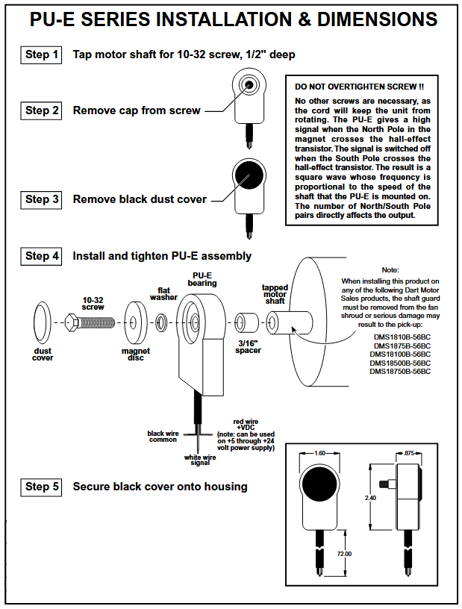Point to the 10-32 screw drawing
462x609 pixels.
click(89, 323)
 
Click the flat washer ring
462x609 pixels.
click(162, 323)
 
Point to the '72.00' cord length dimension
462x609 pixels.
click(343, 554)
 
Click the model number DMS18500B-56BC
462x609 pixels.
click(402, 363)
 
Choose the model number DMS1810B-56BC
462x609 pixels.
click(402, 337)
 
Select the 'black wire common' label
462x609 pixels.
click(162, 437)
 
